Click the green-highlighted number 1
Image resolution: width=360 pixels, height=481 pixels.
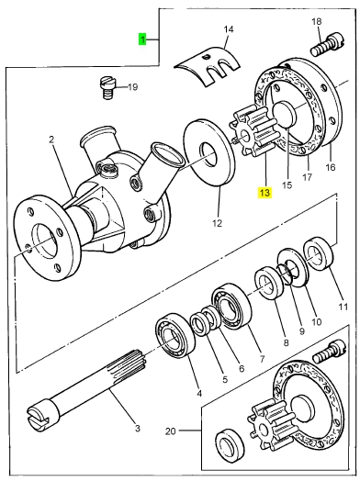(x=142, y=39)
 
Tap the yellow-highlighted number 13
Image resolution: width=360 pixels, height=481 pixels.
(x=264, y=193)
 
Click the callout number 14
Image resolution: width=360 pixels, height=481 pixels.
(x=229, y=29)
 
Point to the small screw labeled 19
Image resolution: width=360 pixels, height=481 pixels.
(x=107, y=88)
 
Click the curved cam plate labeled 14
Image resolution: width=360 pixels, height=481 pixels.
(x=208, y=66)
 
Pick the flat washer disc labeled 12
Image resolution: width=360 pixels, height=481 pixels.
(x=209, y=153)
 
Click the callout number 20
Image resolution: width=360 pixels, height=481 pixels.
(x=170, y=431)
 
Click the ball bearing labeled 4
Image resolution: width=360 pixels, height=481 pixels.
(x=175, y=335)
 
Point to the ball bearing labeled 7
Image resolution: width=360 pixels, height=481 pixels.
(x=231, y=306)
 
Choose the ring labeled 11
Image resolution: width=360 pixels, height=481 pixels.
(x=319, y=252)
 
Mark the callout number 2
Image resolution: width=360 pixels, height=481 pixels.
(x=51, y=140)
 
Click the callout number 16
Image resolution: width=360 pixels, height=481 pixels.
(x=331, y=167)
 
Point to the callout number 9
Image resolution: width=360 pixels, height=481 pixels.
(x=302, y=331)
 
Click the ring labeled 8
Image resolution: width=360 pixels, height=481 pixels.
(x=269, y=283)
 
